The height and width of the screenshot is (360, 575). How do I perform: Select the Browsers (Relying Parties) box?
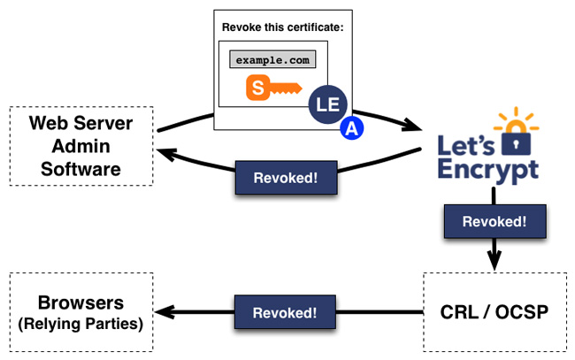[80, 311]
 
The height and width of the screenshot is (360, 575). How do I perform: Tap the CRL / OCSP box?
[493, 311]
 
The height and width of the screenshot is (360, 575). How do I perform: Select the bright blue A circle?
[352, 129]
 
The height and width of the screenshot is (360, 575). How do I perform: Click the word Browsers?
[80, 302]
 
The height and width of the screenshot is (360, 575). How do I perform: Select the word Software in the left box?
[80, 167]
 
